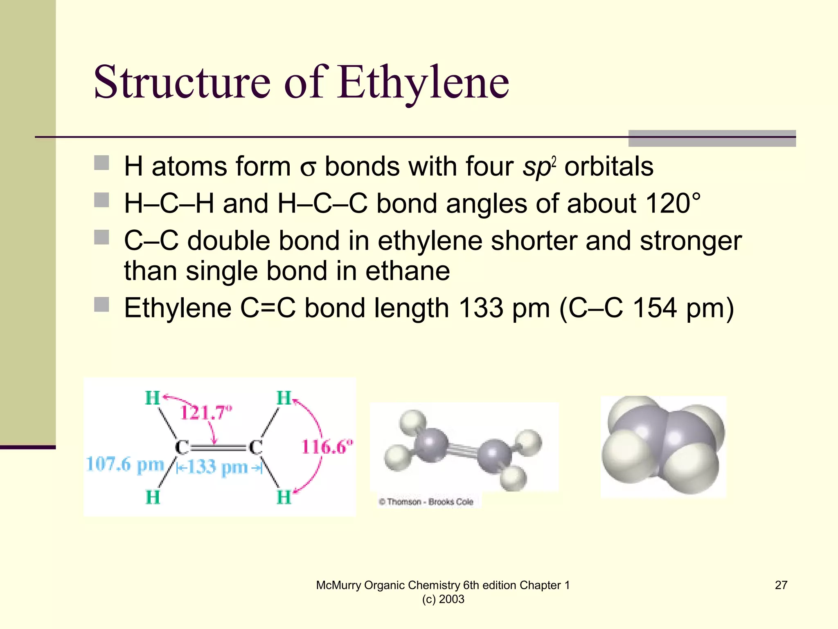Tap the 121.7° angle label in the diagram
(206, 412)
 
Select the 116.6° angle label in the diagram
(327, 446)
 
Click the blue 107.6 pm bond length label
(125, 465)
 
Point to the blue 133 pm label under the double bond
(218, 467)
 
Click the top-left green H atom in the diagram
(153, 398)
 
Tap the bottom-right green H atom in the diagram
(284, 497)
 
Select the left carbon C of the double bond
(182, 448)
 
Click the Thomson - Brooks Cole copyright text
(426, 502)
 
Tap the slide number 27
(781, 585)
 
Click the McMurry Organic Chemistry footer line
(443, 585)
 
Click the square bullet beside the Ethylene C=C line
(101, 305)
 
